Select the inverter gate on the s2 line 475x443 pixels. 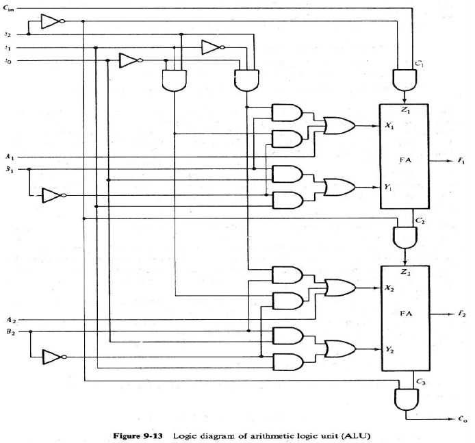coord(51,22)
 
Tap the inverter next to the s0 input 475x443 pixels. coord(129,62)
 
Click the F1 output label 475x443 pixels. coord(461,160)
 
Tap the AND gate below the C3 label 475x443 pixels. coord(406,396)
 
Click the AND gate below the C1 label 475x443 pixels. coord(406,81)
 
